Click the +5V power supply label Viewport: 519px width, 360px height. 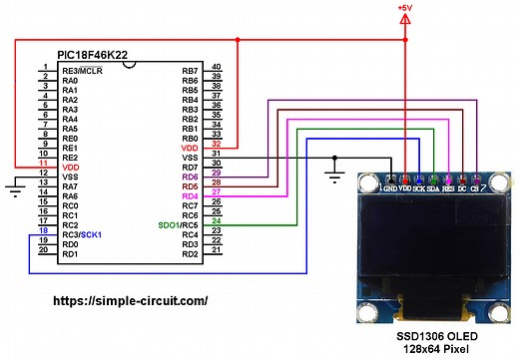pyautogui.click(x=404, y=7)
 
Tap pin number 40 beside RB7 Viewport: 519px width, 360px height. pyautogui.click(x=216, y=66)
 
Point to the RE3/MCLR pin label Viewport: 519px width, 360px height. pyautogui.click(x=83, y=71)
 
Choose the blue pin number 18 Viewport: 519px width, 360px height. pyautogui.click(x=43, y=230)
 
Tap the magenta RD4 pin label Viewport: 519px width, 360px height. pyautogui.click(x=189, y=196)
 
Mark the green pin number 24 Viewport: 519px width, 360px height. pyautogui.click(x=216, y=220)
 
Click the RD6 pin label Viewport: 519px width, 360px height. pyautogui.click(x=189, y=177)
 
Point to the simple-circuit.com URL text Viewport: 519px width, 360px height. pyautogui.click(x=129, y=300)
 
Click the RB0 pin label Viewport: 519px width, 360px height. pyautogui.click(x=189, y=139)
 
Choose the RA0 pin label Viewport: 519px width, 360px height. pyautogui.click(x=70, y=81)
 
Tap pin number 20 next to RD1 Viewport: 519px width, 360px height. pyautogui.click(x=43, y=249)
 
